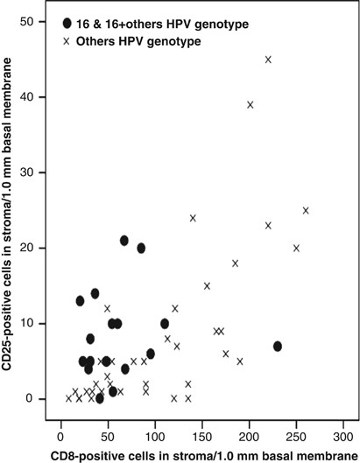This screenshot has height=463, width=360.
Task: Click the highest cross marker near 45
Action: click(x=268, y=60)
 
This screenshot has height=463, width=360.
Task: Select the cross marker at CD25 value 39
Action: click(x=251, y=104)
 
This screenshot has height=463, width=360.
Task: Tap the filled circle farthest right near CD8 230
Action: click(x=278, y=346)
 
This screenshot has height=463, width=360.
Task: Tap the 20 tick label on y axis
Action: click(x=32, y=248)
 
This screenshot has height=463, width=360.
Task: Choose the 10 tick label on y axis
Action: click(x=32, y=323)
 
